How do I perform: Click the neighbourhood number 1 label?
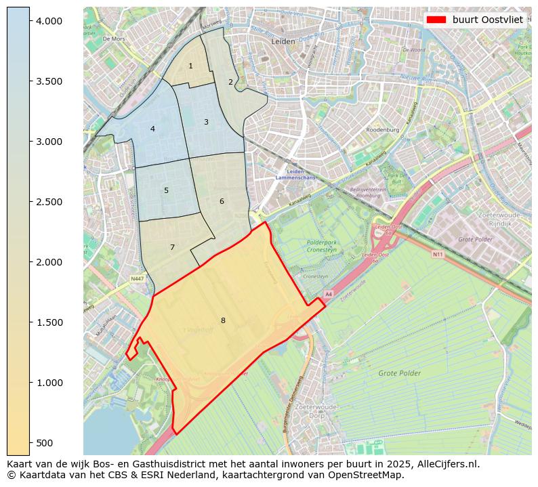pyautogui.click(x=190, y=66)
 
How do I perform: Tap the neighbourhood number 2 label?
pyautogui.click(x=230, y=82)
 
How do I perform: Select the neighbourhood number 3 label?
pyautogui.click(x=206, y=122)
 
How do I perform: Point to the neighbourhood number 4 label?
pyautogui.click(x=152, y=129)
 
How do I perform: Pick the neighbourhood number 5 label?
pyautogui.click(x=166, y=190)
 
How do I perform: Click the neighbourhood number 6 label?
pyautogui.click(x=222, y=201)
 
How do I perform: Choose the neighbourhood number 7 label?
pyautogui.click(x=172, y=247)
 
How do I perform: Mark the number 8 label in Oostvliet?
pyautogui.click(x=222, y=320)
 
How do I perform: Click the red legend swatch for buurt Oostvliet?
pyautogui.click(x=436, y=20)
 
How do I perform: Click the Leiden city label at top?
pyautogui.click(x=283, y=41)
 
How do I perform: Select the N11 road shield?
pyautogui.click(x=437, y=255)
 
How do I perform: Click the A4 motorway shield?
pyautogui.click(x=328, y=294)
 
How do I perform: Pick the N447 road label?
pyautogui.click(x=138, y=278)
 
